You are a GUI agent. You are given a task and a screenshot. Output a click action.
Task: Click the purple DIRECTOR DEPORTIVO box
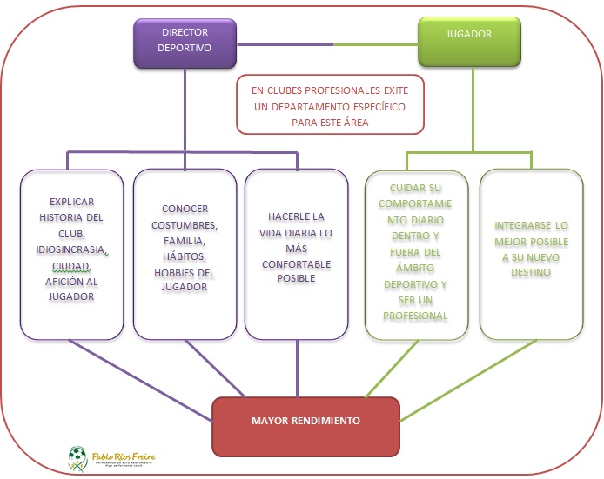[x=185, y=43]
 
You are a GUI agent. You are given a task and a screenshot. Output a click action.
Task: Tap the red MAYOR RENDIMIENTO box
[x=305, y=421]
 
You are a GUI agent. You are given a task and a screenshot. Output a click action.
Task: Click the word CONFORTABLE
[x=297, y=263]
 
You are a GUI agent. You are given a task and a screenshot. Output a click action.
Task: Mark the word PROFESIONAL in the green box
[x=417, y=315]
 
